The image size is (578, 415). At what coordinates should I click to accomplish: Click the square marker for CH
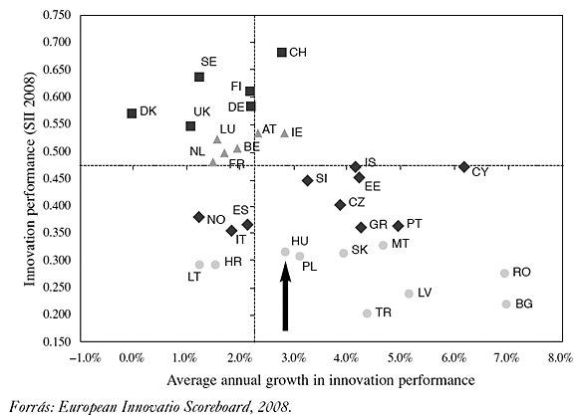coord(282,52)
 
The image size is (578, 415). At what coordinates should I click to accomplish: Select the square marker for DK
coord(132,113)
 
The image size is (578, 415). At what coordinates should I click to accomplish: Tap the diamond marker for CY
coord(464,167)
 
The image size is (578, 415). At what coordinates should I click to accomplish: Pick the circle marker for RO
coord(504,273)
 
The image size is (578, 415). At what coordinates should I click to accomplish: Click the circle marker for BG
coord(506,304)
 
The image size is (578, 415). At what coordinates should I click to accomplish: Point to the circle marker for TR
coord(367,313)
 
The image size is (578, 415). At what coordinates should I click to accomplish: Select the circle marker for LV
coord(409,294)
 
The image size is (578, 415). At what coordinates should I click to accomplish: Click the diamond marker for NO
coord(198,217)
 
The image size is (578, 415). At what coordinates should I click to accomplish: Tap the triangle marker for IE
coord(285,132)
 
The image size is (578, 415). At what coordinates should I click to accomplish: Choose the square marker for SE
coord(199,77)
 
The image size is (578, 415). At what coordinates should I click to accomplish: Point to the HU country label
coord(299,242)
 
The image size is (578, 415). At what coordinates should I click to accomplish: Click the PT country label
coord(414,224)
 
